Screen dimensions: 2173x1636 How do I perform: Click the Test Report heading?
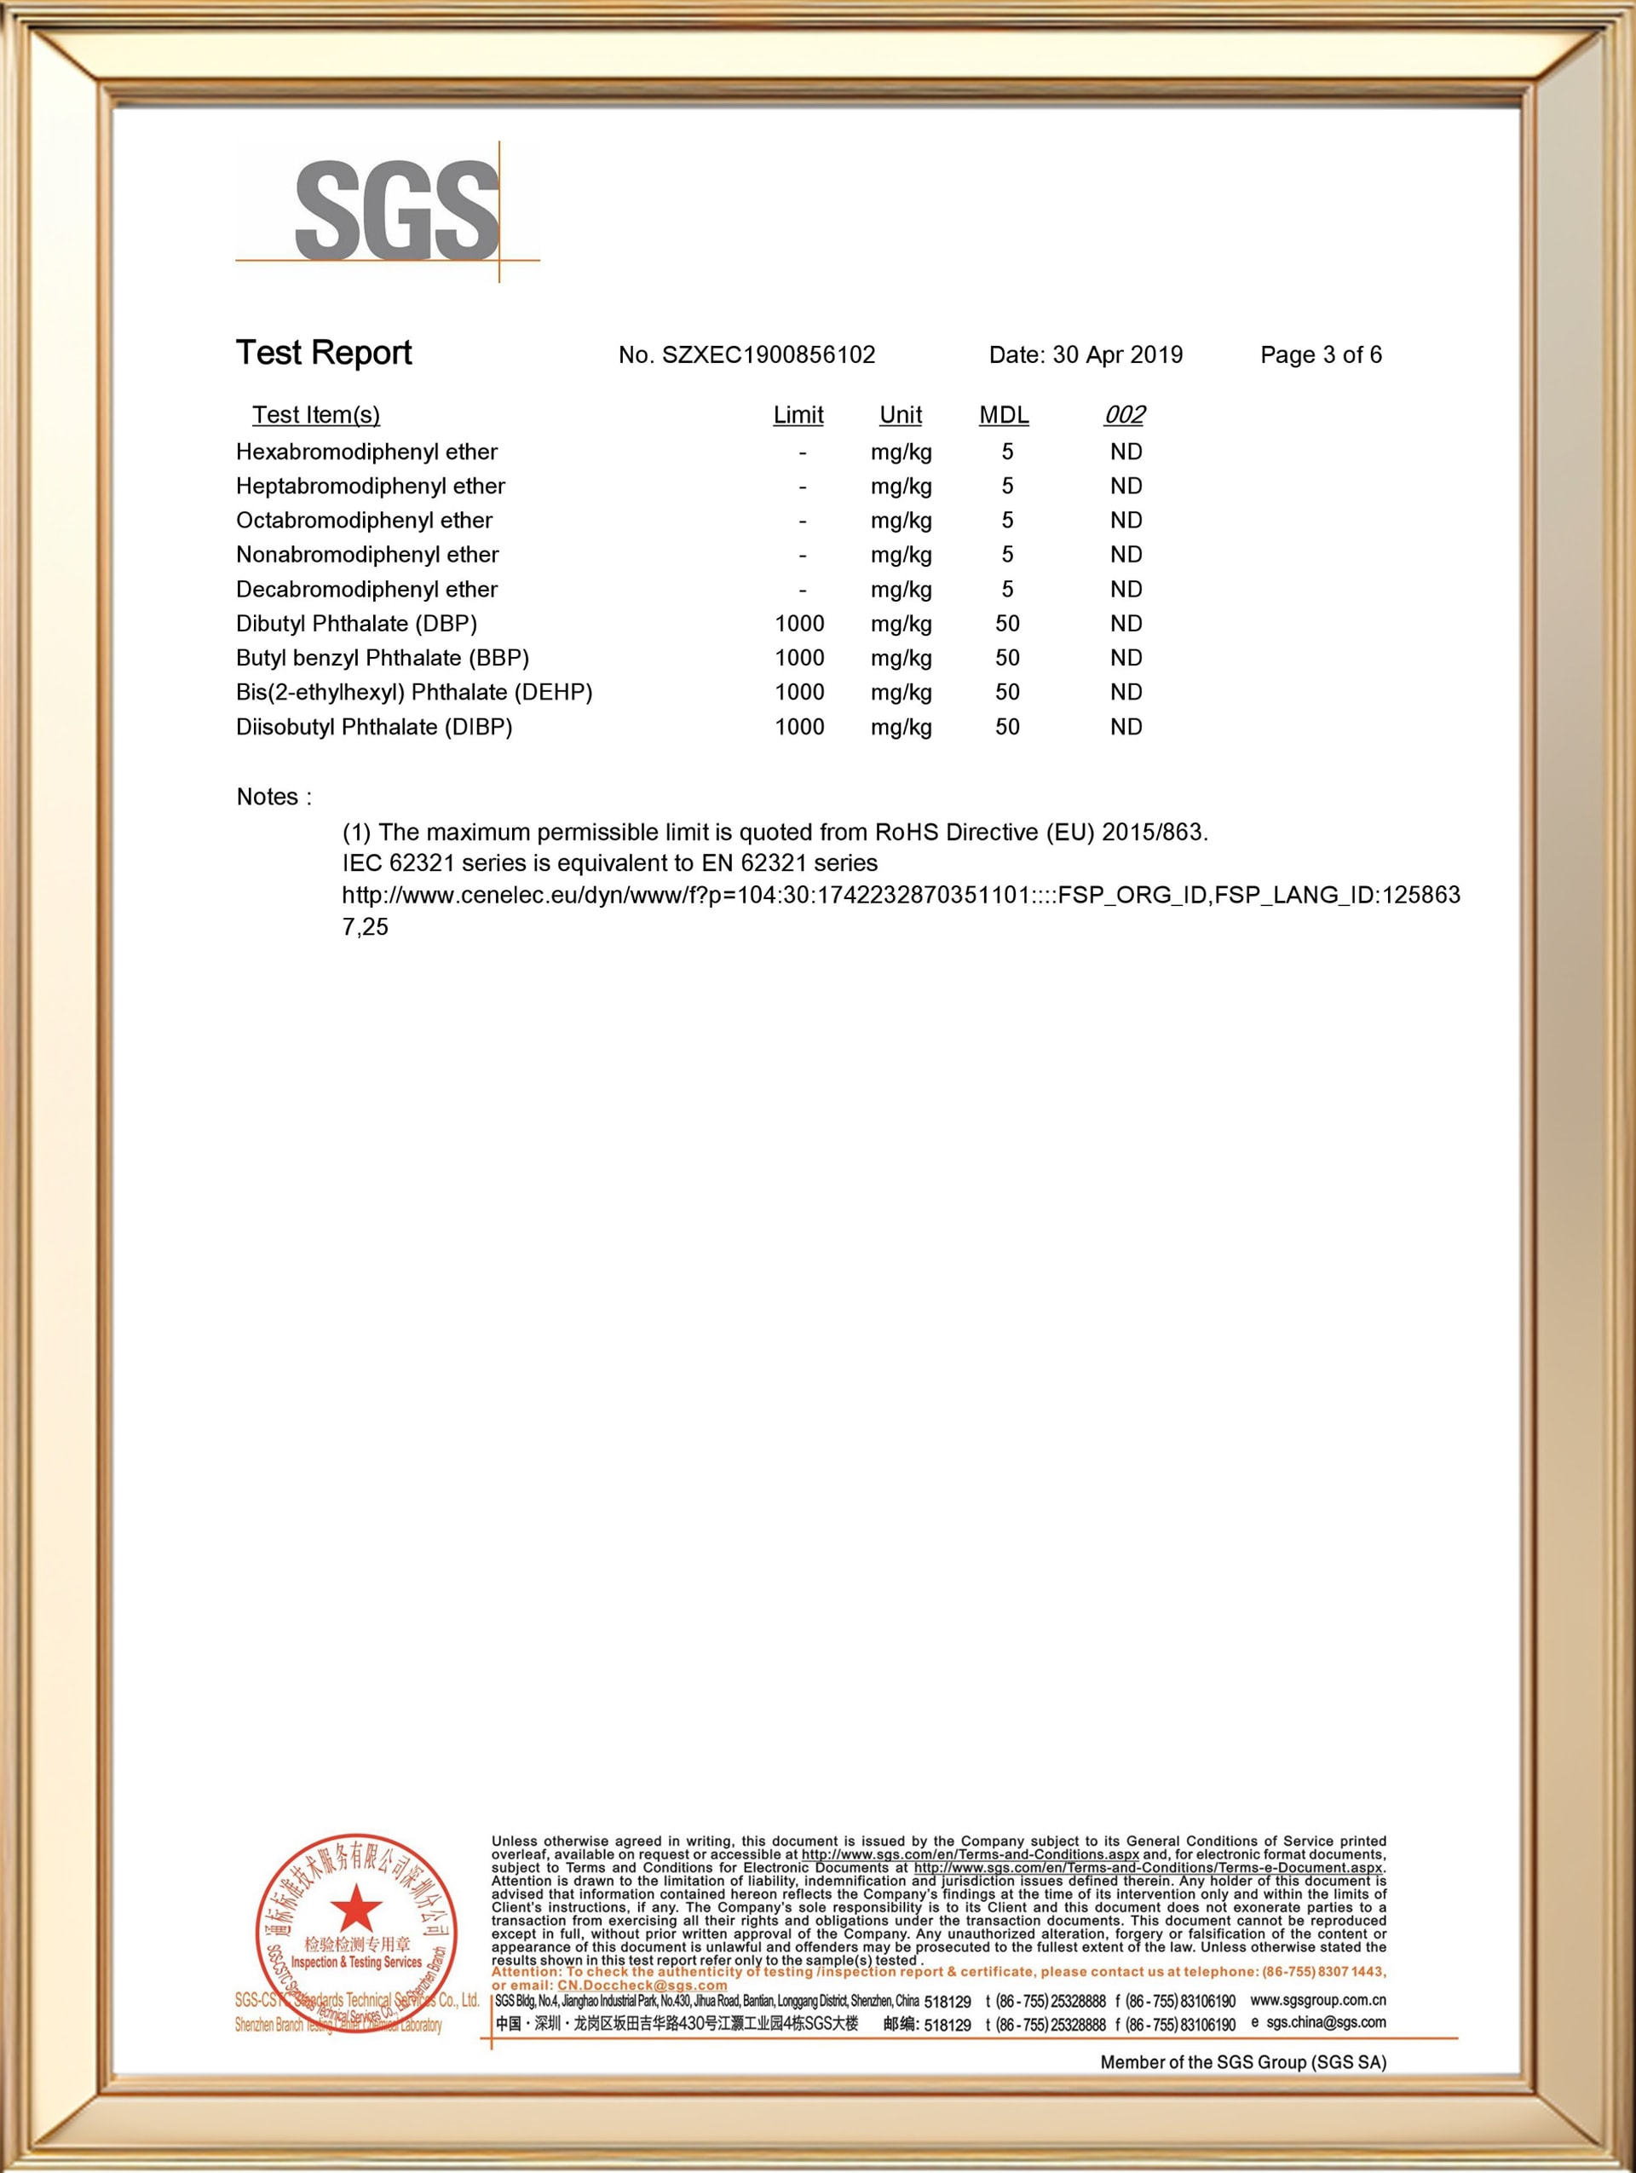point(323,353)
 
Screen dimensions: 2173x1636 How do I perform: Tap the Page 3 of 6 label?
point(1320,354)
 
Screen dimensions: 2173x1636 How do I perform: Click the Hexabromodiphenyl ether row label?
point(366,452)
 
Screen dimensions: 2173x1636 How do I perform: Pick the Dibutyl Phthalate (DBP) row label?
point(356,624)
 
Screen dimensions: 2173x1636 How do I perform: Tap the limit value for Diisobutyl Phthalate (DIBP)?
point(799,727)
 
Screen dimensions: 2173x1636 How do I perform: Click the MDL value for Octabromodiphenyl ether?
point(1006,521)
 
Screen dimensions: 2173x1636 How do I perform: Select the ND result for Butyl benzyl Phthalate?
point(1126,658)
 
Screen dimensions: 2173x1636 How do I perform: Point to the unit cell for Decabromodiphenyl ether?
point(901,590)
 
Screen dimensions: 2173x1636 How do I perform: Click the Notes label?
point(273,797)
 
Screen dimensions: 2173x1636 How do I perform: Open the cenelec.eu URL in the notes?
point(900,895)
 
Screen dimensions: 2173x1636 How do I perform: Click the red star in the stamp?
point(355,1909)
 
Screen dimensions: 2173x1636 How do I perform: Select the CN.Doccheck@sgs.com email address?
point(642,1986)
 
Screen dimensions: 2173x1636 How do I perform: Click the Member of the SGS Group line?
point(1242,2062)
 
